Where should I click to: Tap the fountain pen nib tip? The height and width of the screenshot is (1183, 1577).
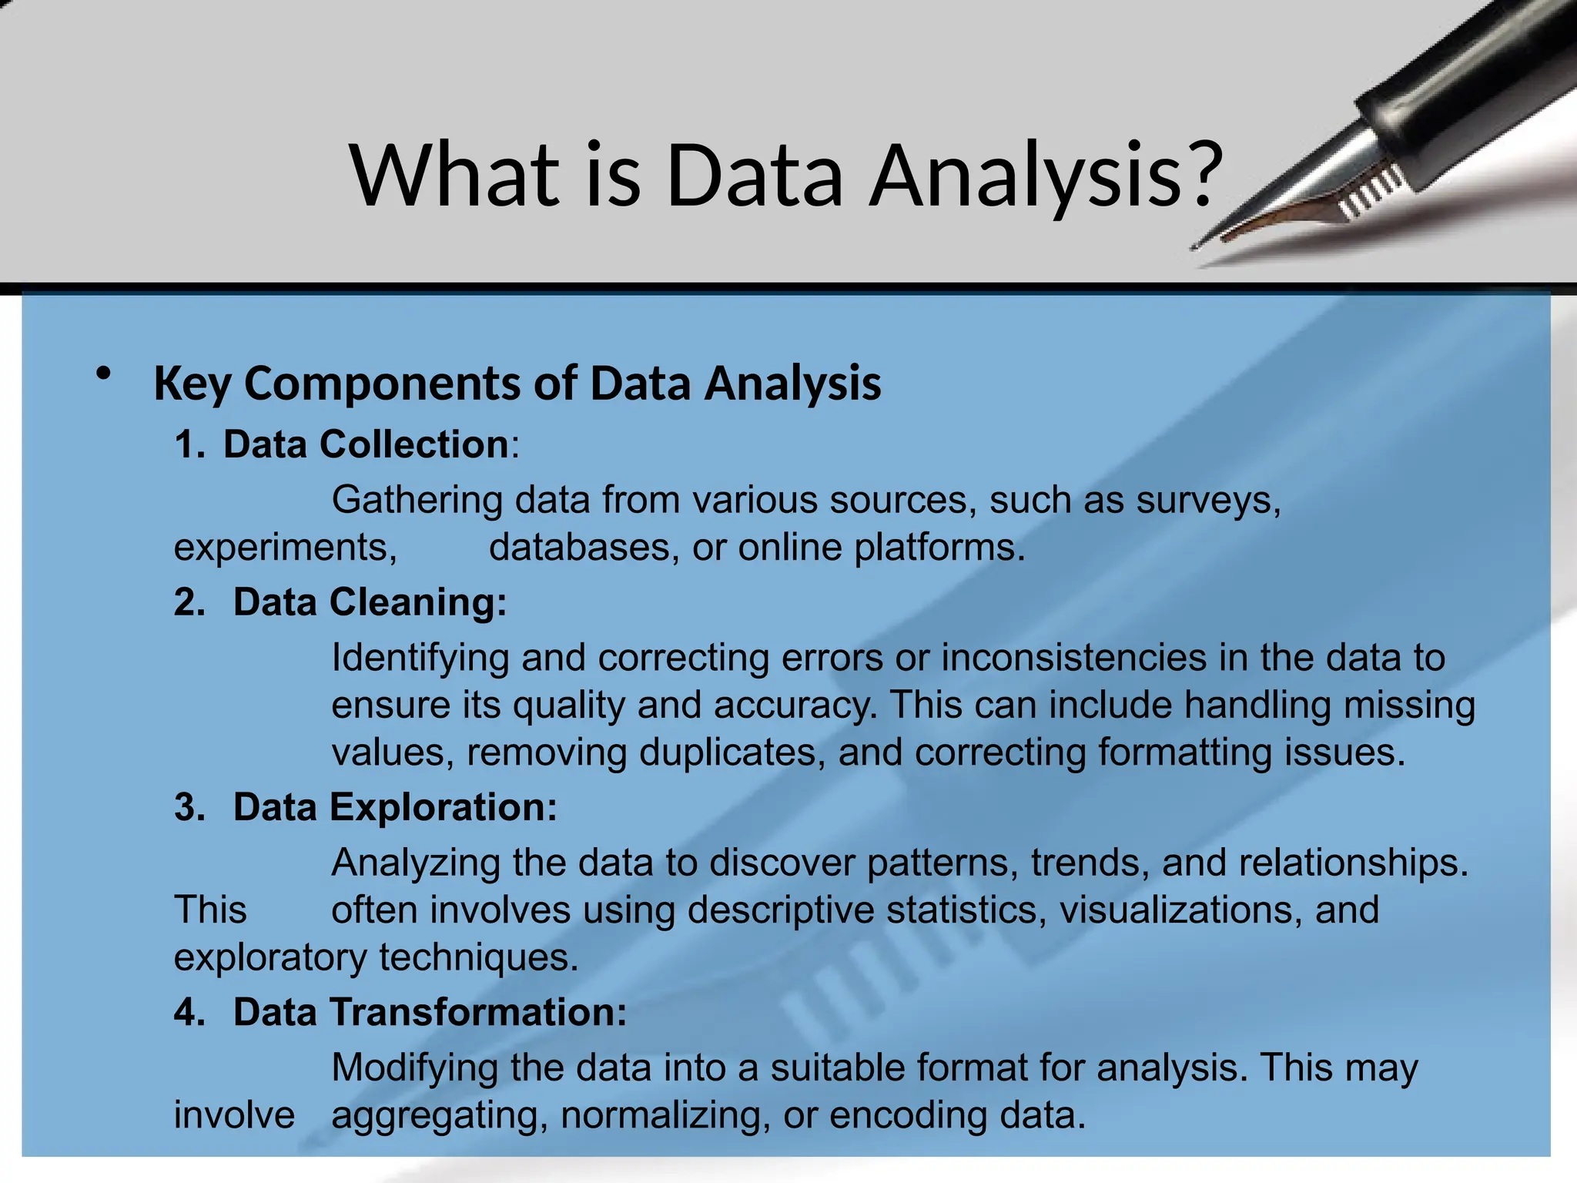point(1196,246)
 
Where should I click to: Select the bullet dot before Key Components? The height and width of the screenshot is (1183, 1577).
point(103,374)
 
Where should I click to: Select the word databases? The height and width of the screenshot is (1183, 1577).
point(584,548)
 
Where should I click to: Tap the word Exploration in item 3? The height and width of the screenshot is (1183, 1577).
point(443,808)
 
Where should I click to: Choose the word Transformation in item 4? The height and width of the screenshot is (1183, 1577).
point(478,1013)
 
